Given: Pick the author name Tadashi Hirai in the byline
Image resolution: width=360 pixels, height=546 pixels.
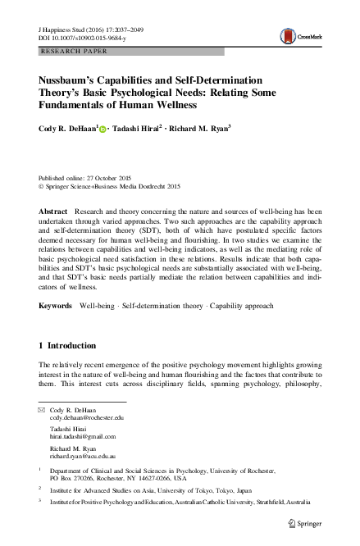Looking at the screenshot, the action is pos(139,129).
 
